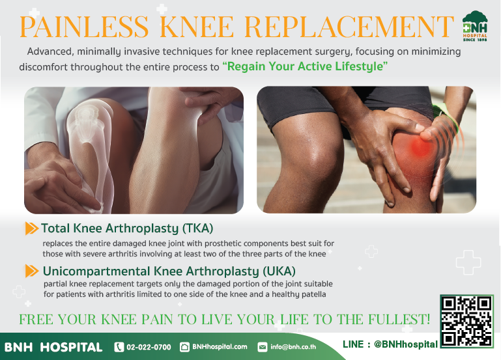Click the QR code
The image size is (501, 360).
point(466,321)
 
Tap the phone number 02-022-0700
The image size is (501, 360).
point(149,347)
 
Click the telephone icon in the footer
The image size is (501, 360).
point(119,347)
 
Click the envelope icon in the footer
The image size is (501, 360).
point(263,347)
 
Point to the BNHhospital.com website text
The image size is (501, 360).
point(220,347)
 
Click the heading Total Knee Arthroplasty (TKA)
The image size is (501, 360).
point(127,228)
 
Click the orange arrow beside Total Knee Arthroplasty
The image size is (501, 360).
point(31,228)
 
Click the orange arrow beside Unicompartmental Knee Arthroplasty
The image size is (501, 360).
point(31,271)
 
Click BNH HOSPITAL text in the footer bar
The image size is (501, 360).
point(53,347)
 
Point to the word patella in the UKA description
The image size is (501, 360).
point(311,294)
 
